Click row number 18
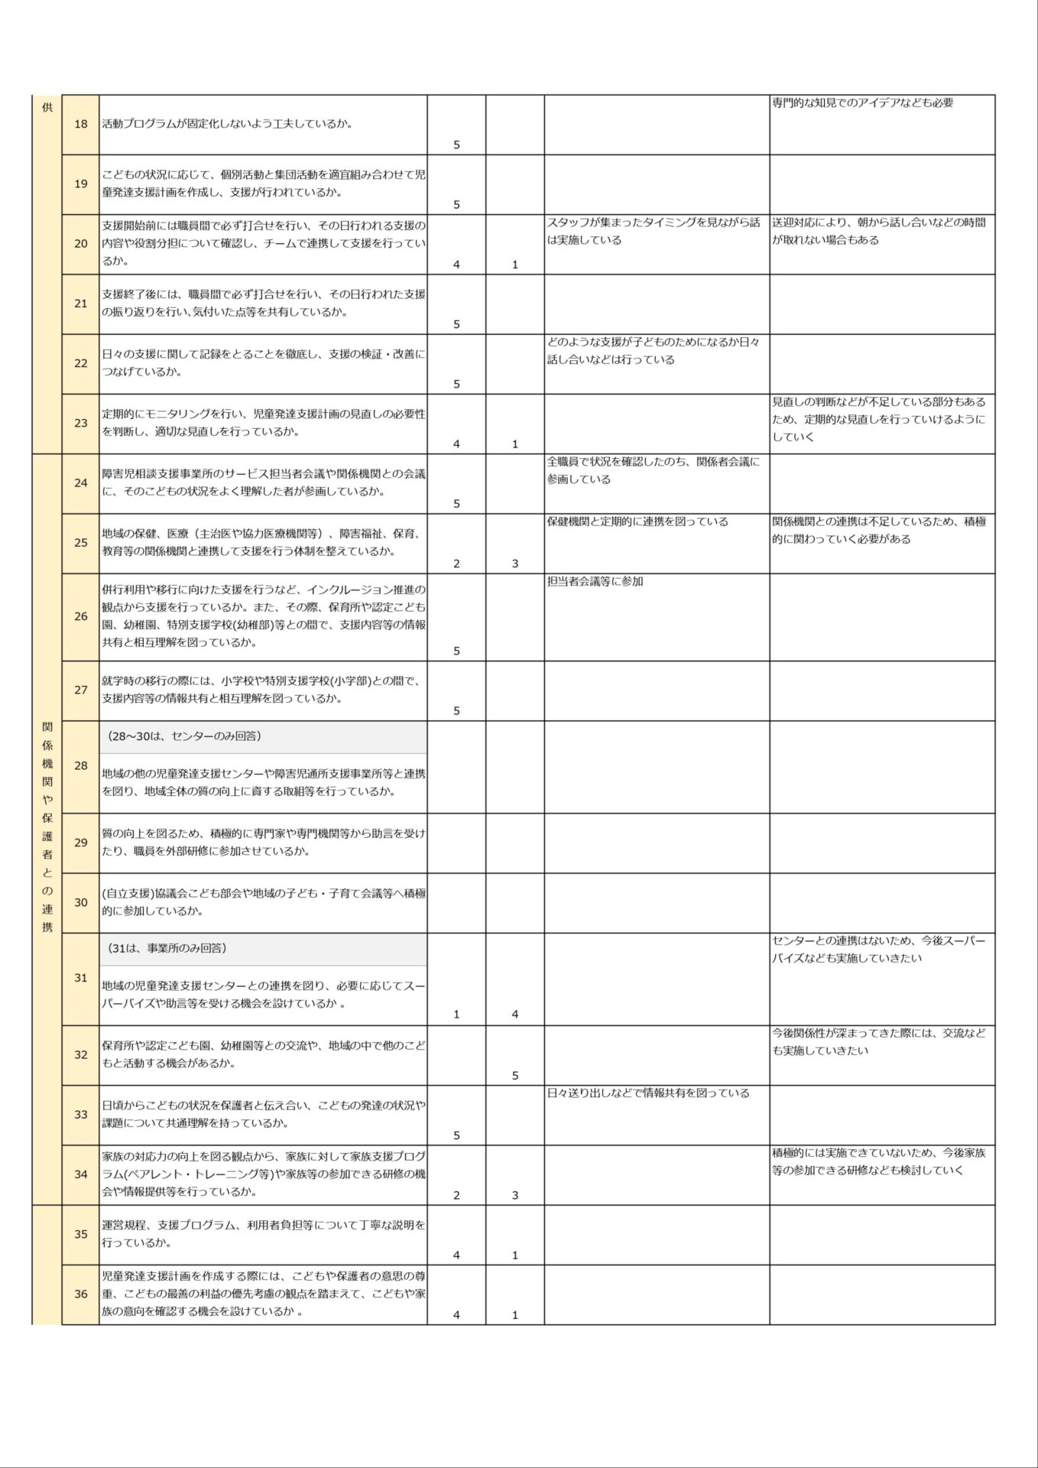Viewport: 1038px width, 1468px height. pyautogui.click(x=81, y=124)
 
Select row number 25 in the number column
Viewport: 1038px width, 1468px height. pyautogui.click(x=81, y=543)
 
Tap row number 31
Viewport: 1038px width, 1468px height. pyautogui.click(x=81, y=978)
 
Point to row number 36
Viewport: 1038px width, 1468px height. pyautogui.click(x=81, y=1294)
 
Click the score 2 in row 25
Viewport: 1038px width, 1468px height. pyautogui.click(x=456, y=563)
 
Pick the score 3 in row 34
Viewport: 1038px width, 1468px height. pyautogui.click(x=515, y=1195)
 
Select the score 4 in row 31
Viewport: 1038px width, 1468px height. pyautogui.click(x=515, y=1014)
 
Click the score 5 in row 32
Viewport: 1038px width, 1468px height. pyautogui.click(x=515, y=1075)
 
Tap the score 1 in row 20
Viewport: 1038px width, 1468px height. pyautogui.click(x=515, y=265)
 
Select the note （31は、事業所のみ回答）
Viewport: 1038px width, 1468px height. pyautogui.click(x=168, y=948)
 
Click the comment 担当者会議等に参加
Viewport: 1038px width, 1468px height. pyautogui.click(x=595, y=582)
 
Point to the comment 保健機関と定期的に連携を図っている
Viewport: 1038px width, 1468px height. pyautogui.click(x=637, y=521)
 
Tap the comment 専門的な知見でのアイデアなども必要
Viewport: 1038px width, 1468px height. pyautogui.click(x=862, y=102)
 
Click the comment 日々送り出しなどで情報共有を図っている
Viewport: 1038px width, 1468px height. pyautogui.click(x=648, y=1093)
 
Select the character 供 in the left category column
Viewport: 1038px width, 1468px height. pyautogui.click(x=47, y=107)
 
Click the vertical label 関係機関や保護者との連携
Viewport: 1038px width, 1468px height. pyautogui.click(x=47, y=826)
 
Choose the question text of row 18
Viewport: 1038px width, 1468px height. pyautogui.click(x=228, y=124)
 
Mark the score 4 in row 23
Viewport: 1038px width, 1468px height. pyautogui.click(x=456, y=443)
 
